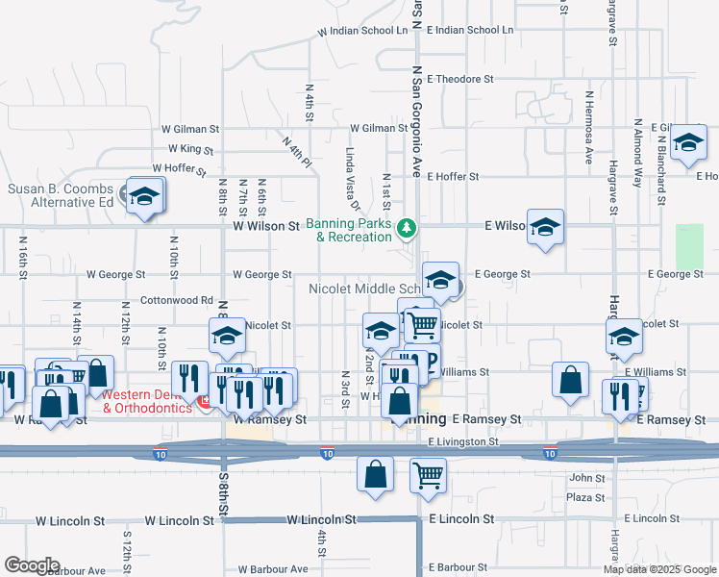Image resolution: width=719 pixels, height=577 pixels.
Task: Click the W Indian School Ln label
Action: (365, 31)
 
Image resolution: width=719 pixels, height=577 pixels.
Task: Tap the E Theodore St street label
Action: (460, 79)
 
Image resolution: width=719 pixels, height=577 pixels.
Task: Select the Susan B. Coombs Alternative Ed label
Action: (62, 195)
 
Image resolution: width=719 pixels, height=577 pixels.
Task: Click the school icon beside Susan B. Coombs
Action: (144, 196)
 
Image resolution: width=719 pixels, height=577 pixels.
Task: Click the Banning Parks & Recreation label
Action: (349, 231)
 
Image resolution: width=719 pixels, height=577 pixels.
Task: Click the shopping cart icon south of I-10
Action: (427, 473)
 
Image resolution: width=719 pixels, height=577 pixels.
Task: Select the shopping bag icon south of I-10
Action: (375, 473)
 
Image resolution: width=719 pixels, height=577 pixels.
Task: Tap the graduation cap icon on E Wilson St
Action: (545, 227)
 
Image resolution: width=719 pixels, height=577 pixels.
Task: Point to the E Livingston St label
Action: (464, 441)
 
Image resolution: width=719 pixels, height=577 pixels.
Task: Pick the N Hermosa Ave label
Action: (588, 129)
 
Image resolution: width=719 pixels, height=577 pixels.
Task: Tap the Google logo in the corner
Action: (31, 564)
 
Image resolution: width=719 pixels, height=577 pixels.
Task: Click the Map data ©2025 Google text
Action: (660, 569)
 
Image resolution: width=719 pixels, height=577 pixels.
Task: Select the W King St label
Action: (189, 149)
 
